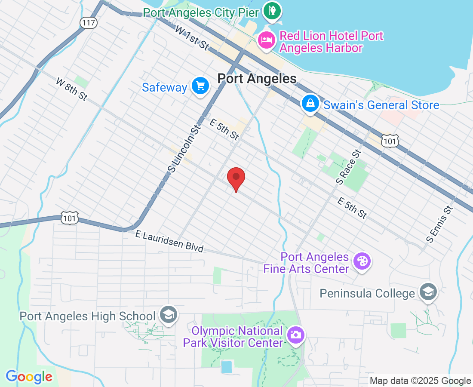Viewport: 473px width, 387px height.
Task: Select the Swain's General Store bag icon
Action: (x=310, y=104)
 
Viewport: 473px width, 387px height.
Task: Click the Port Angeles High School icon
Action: (x=167, y=315)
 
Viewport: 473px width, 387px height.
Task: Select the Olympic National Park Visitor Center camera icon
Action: (x=295, y=335)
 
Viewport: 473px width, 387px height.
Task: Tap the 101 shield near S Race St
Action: (x=390, y=141)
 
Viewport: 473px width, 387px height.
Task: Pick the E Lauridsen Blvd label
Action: (x=169, y=241)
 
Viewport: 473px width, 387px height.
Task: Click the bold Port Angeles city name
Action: (x=257, y=79)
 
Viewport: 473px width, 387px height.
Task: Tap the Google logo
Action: (x=29, y=377)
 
